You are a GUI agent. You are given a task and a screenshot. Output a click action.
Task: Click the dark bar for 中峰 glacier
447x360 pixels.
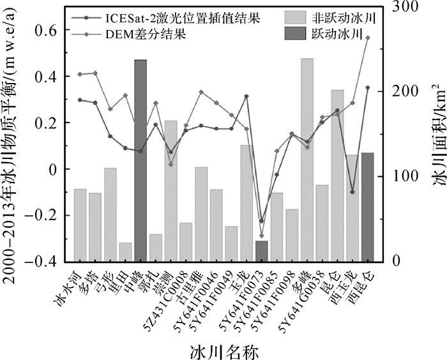coord(140,160)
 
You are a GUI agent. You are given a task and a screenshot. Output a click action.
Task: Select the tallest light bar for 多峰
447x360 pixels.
coord(307,160)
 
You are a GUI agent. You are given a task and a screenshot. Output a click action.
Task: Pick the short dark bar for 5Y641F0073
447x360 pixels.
coord(261,251)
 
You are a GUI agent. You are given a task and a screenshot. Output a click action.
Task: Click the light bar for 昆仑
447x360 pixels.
coord(337,176)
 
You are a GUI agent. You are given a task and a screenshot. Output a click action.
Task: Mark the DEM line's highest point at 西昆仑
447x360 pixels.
coord(367,38)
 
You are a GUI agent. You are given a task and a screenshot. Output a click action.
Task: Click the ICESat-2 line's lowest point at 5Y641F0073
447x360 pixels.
coord(261,221)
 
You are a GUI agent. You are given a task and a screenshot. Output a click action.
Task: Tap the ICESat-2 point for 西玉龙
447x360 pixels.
coord(352,191)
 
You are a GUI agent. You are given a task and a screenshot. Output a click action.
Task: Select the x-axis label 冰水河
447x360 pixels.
coord(69,285)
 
